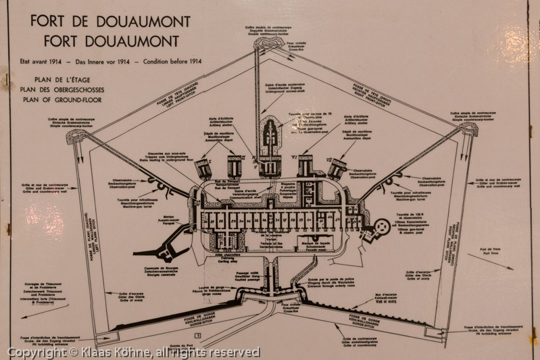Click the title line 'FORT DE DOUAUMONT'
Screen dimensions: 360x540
110,21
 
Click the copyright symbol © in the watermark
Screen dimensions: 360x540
12,353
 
